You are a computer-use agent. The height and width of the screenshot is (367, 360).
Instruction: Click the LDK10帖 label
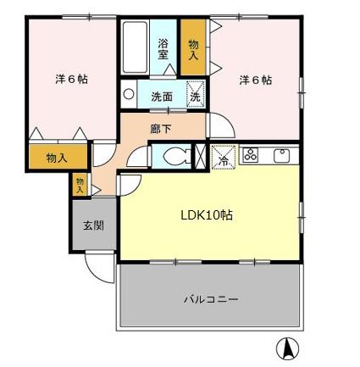(x=207, y=215)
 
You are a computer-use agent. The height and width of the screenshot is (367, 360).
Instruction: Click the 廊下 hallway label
(x=160, y=130)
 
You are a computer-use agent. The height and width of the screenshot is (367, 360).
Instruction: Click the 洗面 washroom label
(x=162, y=97)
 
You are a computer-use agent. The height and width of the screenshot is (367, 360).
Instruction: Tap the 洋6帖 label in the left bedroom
(x=72, y=80)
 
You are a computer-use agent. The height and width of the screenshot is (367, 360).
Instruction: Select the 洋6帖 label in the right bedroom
(x=255, y=80)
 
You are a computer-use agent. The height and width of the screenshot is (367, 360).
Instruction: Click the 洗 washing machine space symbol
(x=194, y=95)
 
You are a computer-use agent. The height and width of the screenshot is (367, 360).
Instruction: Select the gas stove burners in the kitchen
(x=250, y=154)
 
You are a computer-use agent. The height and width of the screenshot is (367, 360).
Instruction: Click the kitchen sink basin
(x=281, y=154)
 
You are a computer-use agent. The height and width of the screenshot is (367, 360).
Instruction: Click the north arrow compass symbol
(x=288, y=347)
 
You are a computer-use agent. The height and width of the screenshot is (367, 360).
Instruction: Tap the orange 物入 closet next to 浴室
(x=193, y=48)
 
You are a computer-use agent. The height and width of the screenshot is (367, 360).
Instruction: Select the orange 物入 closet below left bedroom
(x=57, y=158)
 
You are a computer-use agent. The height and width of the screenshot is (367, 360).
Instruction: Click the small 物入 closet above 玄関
(x=80, y=184)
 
